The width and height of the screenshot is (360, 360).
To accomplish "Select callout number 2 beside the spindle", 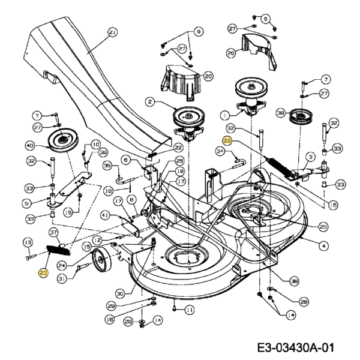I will pyautogui.click(x=150, y=103).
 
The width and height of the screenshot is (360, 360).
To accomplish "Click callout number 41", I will pyautogui.click(x=105, y=214).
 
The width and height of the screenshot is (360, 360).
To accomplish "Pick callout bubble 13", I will pyautogui.click(x=27, y=242).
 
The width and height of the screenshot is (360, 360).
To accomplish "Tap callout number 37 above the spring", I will pyautogui.click(x=53, y=232).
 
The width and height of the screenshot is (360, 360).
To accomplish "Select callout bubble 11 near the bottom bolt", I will pyautogui.click(x=190, y=310).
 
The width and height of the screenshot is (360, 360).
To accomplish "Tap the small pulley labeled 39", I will pyautogui.click(x=298, y=116).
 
